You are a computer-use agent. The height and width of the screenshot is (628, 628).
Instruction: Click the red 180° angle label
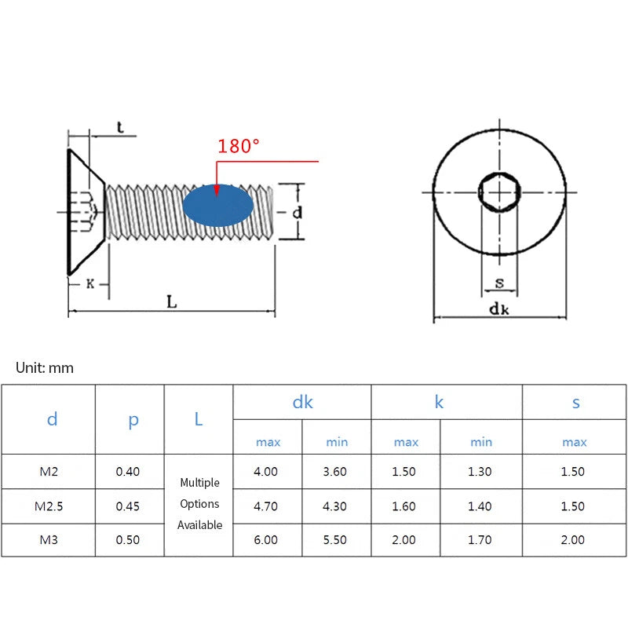pyautogui.click(x=239, y=146)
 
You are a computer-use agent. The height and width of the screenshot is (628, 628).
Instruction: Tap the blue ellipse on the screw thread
pyautogui.click(x=218, y=206)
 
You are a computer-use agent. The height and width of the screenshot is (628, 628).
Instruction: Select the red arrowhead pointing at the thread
pyautogui.click(x=217, y=190)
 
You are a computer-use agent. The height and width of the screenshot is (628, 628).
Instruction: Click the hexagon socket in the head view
pyautogui.click(x=499, y=192)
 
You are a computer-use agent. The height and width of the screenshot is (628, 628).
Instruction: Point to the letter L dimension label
pyautogui.click(x=172, y=301)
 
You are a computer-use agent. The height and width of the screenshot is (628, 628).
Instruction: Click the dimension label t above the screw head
pyautogui.click(x=120, y=127)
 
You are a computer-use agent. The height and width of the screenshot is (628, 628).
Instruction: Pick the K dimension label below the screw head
pyautogui.click(x=90, y=284)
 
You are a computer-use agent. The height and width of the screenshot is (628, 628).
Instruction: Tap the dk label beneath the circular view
pyautogui.click(x=499, y=309)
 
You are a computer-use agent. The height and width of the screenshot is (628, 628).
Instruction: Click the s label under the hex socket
pyautogui.click(x=499, y=283)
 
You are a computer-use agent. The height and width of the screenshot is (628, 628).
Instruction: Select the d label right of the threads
pyautogui.click(x=298, y=212)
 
